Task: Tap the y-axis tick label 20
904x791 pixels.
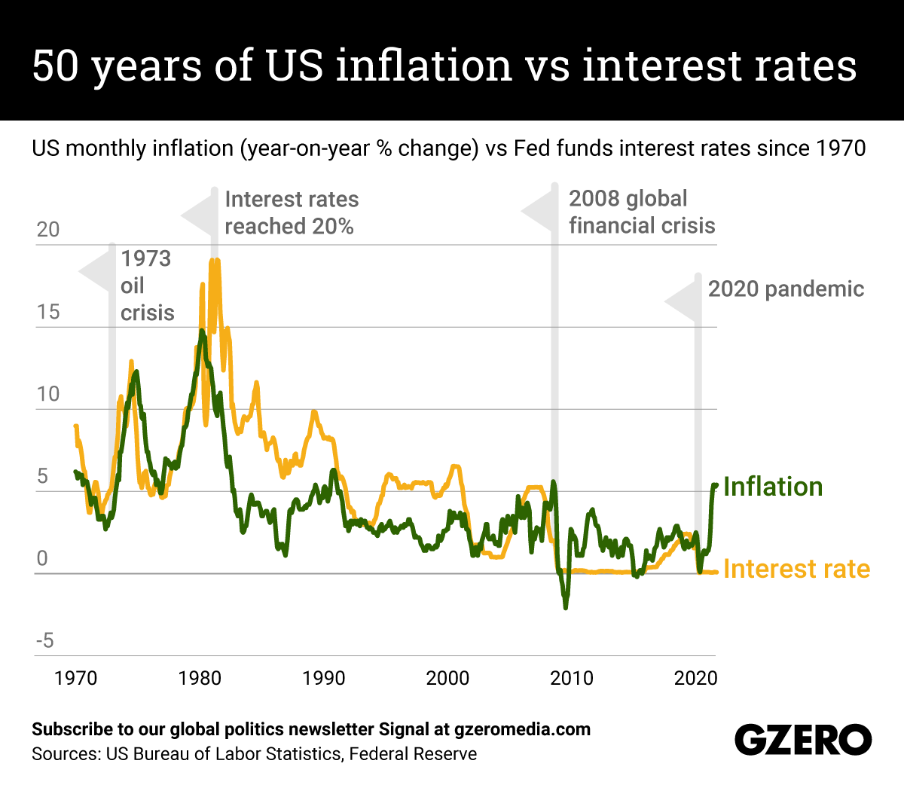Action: [x=48, y=230]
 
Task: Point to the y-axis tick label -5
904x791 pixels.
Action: [x=45, y=641]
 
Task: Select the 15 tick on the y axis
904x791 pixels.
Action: [x=48, y=312]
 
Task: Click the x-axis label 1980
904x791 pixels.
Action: [x=200, y=678]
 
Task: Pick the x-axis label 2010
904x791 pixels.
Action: [x=571, y=678]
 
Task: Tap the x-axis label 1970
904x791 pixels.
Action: [x=75, y=678]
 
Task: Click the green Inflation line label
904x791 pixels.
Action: [x=773, y=487]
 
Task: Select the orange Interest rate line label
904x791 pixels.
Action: [x=796, y=569]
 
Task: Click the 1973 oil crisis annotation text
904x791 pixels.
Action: [x=147, y=286]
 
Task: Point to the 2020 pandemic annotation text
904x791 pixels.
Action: [x=786, y=289]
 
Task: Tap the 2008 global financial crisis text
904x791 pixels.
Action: [x=641, y=212]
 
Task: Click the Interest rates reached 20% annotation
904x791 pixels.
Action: [x=292, y=212]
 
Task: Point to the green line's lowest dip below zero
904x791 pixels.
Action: [x=565, y=606]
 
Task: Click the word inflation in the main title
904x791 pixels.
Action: [x=424, y=66]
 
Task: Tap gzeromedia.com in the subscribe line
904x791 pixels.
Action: [x=522, y=729]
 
